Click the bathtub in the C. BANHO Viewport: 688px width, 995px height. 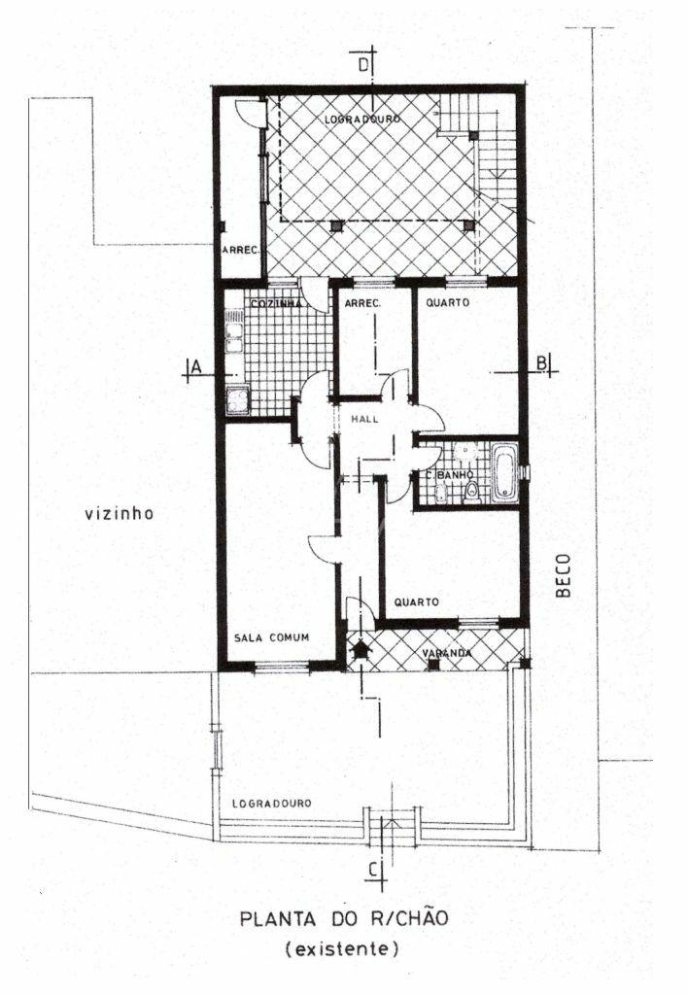pos(504,473)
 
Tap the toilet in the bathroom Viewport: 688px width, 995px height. pos(471,491)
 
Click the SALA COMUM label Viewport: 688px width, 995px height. pos(272,637)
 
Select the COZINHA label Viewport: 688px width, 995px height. pos(277,304)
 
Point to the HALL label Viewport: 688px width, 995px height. pos(364,419)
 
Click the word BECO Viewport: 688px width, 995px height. pos(563,576)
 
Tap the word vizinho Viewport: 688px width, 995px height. pos(120,513)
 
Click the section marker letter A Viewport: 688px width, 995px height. pos(196,366)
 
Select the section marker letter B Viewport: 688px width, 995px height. pos(542,363)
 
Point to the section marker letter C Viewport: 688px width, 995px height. pos(375,869)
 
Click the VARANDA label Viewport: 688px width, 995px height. pos(447,653)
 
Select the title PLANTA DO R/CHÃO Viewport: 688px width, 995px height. pos(344,918)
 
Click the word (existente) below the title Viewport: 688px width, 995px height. pos(343,948)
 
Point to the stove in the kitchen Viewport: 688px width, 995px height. pos(238,400)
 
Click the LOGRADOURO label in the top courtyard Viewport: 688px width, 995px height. pos(362,120)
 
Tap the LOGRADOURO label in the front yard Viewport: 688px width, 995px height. pos(272,804)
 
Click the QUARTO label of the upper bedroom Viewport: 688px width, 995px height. pos(448,303)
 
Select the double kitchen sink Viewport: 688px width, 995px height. pos(234,330)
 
